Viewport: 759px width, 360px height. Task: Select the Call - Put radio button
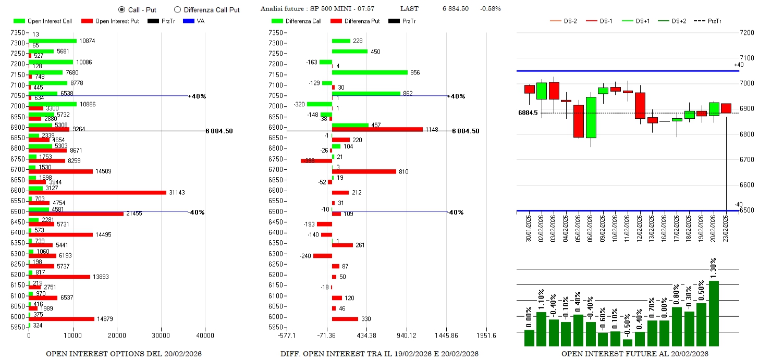click(122, 10)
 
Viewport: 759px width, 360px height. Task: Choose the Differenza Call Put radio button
click(177, 10)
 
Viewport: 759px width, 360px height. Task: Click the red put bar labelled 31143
click(97, 193)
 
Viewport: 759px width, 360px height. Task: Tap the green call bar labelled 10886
click(53, 104)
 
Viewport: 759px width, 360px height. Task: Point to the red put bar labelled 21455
click(76, 214)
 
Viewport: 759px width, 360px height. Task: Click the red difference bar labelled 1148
click(377, 129)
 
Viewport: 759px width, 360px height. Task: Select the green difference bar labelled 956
click(370, 72)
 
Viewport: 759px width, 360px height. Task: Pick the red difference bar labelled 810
click(364, 171)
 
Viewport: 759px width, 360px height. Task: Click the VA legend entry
click(193, 21)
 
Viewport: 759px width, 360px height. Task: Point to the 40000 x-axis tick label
click(205, 337)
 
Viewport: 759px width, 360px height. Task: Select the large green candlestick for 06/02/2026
click(591, 117)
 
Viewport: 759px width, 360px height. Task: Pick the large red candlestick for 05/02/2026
click(578, 121)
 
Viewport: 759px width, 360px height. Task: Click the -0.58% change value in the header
click(491, 9)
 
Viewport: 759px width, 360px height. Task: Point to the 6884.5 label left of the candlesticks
click(528, 113)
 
